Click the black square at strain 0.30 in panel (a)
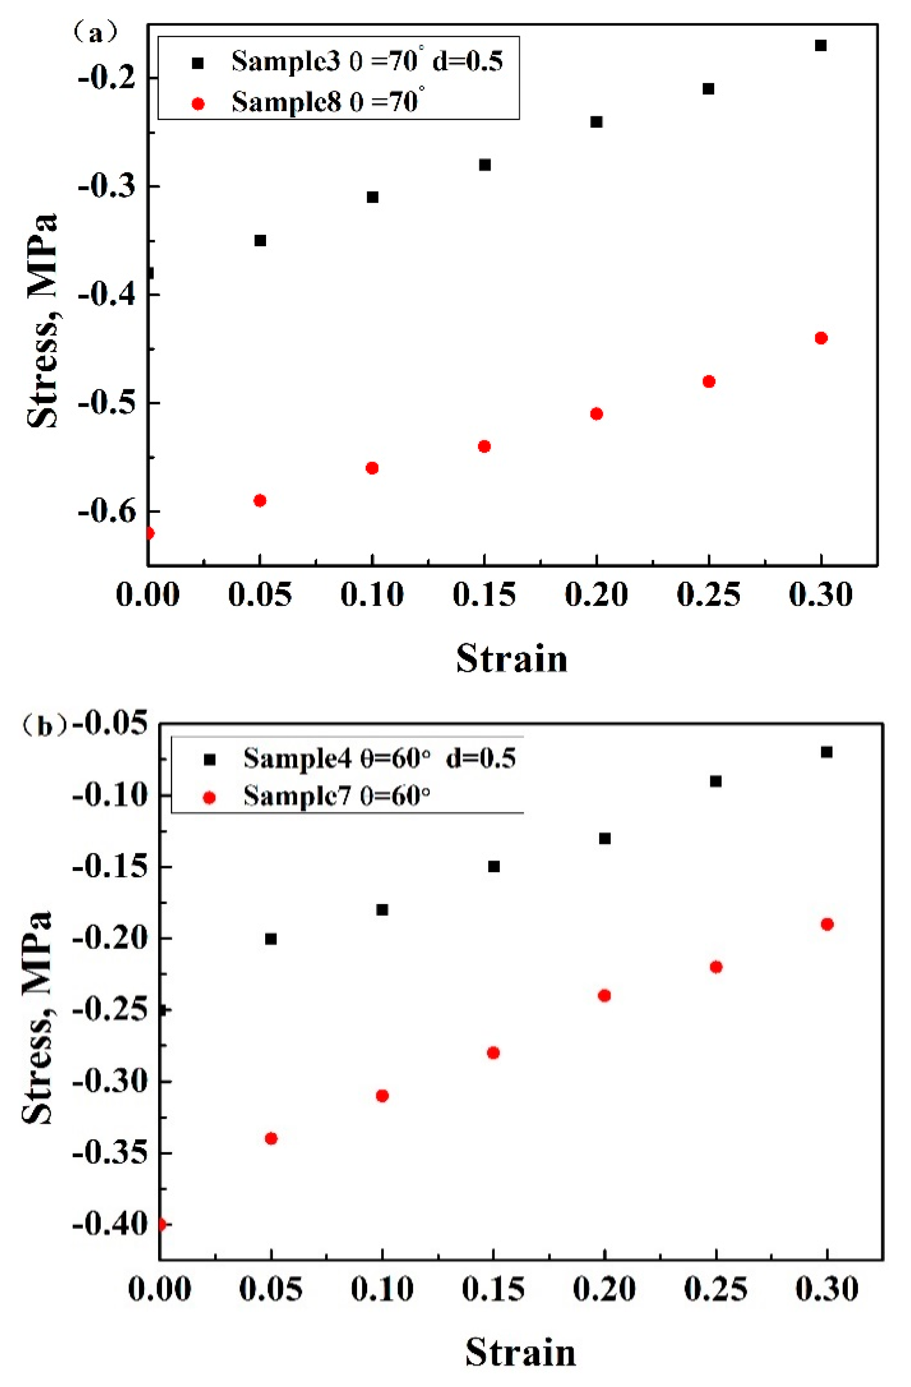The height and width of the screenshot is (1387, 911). click(821, 45)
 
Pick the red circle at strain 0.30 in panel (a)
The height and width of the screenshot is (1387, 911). click(821, 338)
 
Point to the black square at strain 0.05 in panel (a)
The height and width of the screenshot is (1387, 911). click(260, 241)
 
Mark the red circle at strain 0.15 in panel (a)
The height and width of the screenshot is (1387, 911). click(484, 446)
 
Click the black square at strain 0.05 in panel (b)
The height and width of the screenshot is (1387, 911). click(271, 939)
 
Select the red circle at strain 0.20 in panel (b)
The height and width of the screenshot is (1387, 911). click(605, 995)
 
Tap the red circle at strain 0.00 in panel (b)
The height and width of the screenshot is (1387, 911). click(161, 1225)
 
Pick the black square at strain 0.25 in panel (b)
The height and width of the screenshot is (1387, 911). click(716, 781)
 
